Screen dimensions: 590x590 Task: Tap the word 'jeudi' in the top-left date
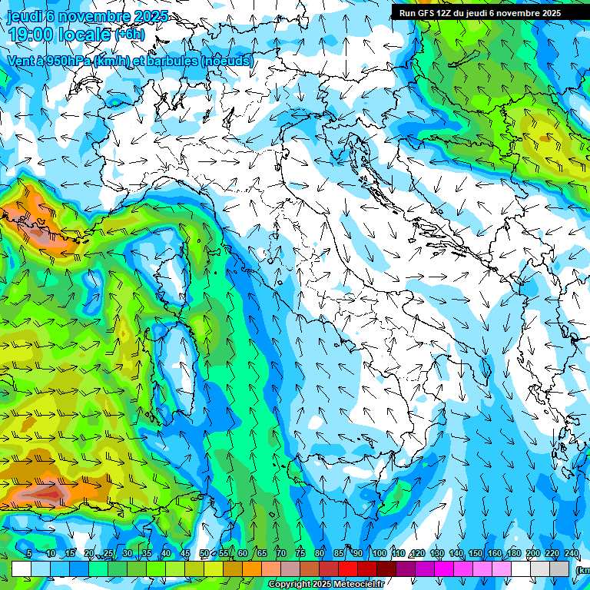[24, 16]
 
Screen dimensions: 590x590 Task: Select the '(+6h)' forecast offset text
[129, 35]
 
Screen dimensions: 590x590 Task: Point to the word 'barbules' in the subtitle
[173, 61]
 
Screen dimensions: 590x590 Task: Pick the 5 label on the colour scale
[28, 554]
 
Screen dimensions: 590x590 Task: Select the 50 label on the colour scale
[204, 554]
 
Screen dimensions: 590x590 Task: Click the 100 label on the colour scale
[379, 554]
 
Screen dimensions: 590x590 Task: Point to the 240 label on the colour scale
[572, 554]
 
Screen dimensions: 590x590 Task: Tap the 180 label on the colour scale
[514, 554]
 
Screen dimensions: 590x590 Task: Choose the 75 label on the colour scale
[300, 554]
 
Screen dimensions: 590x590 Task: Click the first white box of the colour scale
[22, 568]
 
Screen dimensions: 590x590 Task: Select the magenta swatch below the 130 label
[444, 568]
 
